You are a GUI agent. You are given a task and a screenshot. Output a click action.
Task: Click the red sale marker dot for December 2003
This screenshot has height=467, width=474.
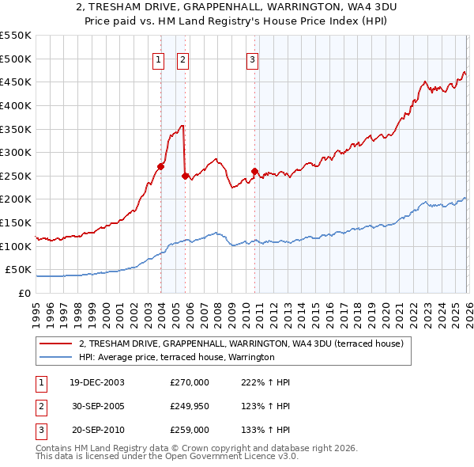tap(161, 166)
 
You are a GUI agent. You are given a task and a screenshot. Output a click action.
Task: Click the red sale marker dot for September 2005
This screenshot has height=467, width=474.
tap(185, 176)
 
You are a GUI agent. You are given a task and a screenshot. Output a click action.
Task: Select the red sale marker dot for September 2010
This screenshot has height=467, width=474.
tap(254, 171)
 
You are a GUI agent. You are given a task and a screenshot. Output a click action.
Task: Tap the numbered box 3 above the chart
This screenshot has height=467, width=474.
tap(252, 59)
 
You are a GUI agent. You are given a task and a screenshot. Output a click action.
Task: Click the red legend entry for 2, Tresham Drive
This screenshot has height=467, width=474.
tap(241, 344)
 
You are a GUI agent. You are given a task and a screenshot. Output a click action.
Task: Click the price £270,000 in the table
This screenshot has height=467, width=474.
tap(190, 382)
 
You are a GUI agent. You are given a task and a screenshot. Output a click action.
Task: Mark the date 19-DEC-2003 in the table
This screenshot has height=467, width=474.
tap(96, 382)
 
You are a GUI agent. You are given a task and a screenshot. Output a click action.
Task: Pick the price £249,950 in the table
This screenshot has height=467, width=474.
tap(190, 406)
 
